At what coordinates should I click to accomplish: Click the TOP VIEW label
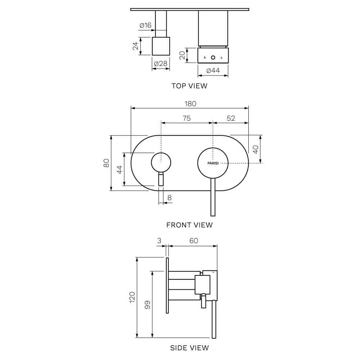click(189, 86)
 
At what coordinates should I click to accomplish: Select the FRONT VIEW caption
click(189, 225)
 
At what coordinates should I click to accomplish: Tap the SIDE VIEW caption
click(189, 348)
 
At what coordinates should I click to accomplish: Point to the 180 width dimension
click(190, 104)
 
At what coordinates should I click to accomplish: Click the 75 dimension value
click(186, 118)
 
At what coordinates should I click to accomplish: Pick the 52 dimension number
click(231, 118)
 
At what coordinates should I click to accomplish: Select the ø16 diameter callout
click(145, 25)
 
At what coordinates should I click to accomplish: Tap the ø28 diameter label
click(161, 64)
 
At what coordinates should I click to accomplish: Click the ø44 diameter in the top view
click(213, 71)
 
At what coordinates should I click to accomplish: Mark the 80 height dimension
click(106, 163)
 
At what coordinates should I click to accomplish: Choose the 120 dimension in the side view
click(132, 297)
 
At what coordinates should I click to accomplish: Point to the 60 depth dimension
click(194, 240)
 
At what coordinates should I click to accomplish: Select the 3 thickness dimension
click(159, 240)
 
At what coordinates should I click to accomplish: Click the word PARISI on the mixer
click(213, 163)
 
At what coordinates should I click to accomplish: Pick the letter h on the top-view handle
click(205, 58)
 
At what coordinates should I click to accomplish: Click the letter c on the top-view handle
click(221, 58)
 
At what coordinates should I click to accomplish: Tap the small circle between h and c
click(213, 58)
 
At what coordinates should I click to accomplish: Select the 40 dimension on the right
click(256, 149)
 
